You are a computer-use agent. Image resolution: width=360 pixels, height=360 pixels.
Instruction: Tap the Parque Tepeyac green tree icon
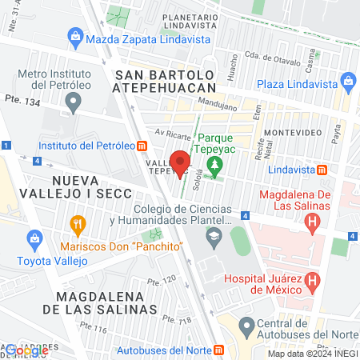(214, 166)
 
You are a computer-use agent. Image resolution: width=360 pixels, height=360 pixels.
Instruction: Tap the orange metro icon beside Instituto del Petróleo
(142, 146)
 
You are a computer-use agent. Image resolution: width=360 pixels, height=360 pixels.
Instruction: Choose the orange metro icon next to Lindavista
(321, 170)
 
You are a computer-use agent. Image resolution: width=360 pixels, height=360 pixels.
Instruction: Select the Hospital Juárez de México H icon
(313, 280)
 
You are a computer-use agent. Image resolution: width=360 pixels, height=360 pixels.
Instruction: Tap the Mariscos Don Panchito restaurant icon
(78, 223)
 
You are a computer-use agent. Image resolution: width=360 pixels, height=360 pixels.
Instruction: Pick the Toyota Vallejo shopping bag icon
(34, 238)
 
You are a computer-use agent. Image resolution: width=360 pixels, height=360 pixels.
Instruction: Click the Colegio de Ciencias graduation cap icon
(214, 236)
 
